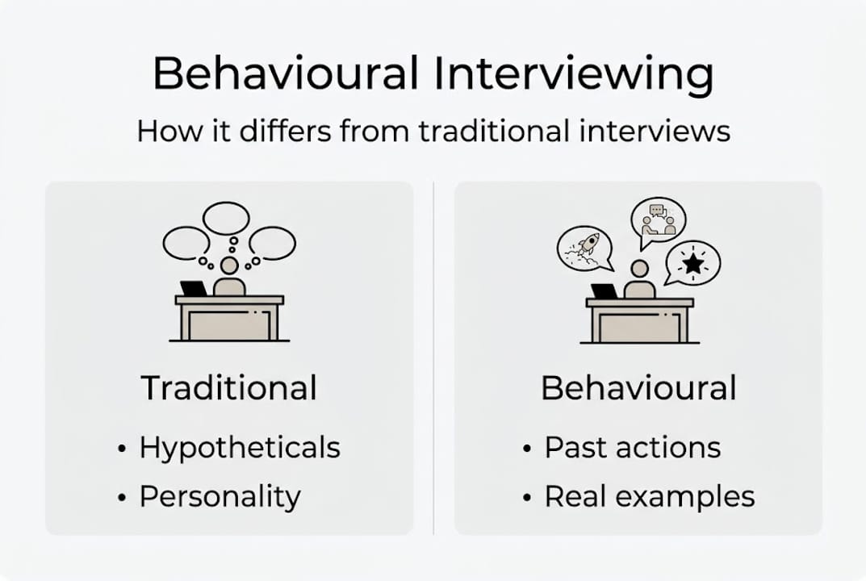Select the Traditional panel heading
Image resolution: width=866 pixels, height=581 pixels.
click(x=229, y=388)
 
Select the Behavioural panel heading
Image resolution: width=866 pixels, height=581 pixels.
click(x=638, y=388)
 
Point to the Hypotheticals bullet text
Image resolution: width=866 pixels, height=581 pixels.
click(x=240, y=448)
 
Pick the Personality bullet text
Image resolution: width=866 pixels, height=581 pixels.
click(x=220, y=495)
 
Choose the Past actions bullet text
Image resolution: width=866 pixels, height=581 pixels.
click(x=633, y=448)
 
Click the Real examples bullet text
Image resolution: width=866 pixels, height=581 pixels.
click(x=650, y=495)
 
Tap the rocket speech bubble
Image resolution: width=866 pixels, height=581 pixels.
click(x=585, y=247)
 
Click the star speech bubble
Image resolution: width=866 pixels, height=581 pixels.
click(x=692, y=263)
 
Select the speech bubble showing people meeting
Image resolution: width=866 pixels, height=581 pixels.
click(x=658, y=220)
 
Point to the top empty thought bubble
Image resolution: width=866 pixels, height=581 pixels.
click(x=226, y=218)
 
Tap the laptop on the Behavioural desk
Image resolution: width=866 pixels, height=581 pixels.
click(x=604, y=291)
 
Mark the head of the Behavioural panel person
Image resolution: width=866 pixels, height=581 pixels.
click(x=640, y=269)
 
